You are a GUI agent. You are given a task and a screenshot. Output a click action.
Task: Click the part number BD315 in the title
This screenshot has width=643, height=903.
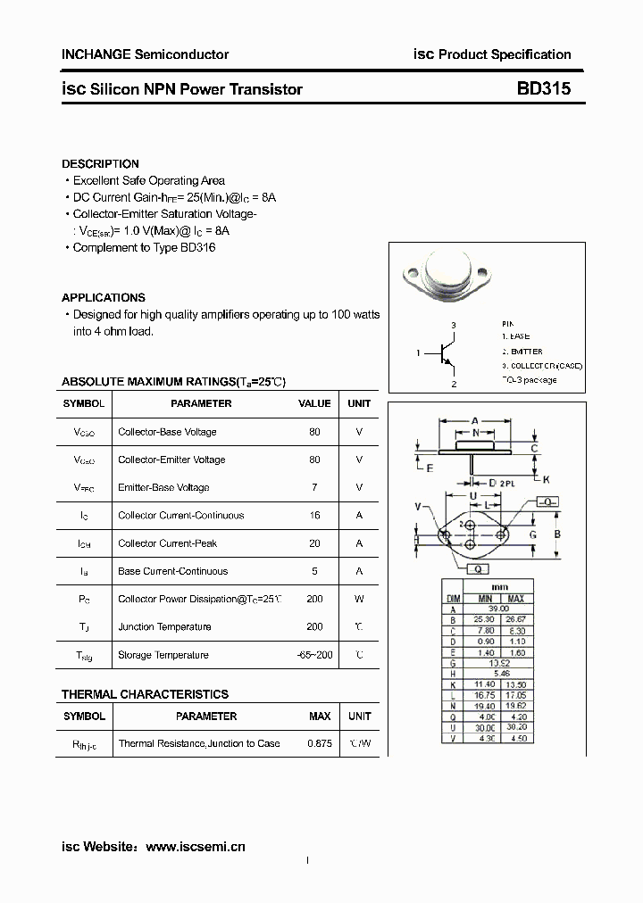coord(543,89)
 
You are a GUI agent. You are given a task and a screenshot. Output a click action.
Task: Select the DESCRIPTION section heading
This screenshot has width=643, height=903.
coord(100,164)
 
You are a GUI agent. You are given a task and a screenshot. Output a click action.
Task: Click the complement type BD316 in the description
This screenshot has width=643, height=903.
coord(197,247)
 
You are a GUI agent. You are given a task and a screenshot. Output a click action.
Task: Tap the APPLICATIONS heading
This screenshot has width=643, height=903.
coord(103,298)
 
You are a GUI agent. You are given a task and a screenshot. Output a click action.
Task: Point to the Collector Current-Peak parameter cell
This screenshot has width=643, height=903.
coord(167,543)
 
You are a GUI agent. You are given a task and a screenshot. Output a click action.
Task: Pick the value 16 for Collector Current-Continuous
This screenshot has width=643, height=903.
coord(314,516)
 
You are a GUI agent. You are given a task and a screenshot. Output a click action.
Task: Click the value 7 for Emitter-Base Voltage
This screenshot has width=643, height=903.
coord(314,488)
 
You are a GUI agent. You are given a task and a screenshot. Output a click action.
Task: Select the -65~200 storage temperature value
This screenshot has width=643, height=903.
coord(314,655)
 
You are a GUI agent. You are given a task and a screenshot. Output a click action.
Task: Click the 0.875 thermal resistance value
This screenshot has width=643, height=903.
coord(320,743)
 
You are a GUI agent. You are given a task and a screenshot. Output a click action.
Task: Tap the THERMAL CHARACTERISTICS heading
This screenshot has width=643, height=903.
coord(145,694)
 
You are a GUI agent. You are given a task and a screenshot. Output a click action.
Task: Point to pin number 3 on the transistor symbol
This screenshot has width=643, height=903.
coord(454,326)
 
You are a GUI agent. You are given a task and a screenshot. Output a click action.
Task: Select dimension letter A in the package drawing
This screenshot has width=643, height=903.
coord(474,420)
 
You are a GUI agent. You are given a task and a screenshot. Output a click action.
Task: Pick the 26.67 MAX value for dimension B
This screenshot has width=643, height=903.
coord(516,617)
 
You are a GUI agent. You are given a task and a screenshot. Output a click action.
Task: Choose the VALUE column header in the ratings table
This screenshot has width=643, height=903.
coord(314,403)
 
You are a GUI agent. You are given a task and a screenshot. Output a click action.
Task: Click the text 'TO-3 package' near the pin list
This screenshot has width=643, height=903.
coord(529,380)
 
